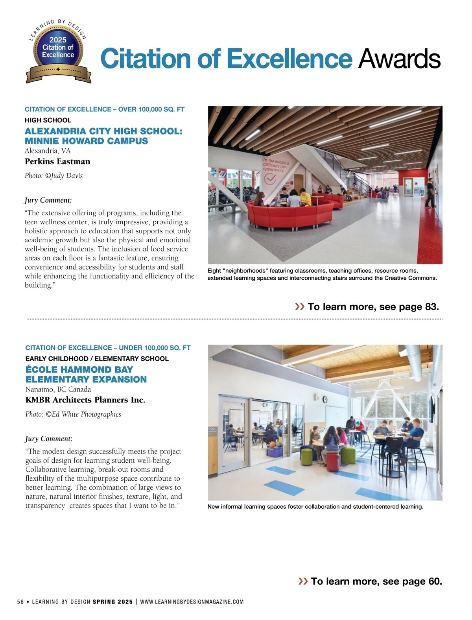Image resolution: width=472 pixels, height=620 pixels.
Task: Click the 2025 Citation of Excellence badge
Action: (x=58, y=51)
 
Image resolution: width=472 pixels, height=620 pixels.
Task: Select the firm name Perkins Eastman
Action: (x=57, y=161)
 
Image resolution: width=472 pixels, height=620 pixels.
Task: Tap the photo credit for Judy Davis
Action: (x=54, y=175)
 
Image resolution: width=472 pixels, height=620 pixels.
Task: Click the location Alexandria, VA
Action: (x=48, y=151)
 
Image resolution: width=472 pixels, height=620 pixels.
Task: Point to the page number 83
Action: (x=431, y=307)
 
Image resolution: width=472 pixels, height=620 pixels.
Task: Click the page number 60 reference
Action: (x=434, y=581)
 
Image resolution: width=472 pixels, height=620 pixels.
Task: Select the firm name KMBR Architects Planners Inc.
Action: (x=85, y=400)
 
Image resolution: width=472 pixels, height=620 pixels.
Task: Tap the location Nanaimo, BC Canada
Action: (x=58, y=389)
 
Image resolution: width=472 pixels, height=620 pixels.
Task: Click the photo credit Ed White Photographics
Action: (x=74, y=414)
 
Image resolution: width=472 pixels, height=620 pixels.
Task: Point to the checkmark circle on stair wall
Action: (x=270, y=179)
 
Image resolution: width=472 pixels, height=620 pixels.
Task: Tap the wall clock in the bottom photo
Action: (x=325, y=399)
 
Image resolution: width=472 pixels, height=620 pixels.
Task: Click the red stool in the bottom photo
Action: (x=333, y=460)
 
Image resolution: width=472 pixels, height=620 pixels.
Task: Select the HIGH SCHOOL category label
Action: (x=48, y=120)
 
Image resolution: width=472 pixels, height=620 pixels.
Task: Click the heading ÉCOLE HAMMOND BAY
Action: (x=79, y=369)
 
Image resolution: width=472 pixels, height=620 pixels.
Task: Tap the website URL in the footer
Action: (x=192, y=602)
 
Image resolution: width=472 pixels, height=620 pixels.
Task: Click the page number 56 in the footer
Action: (x=20, y=602)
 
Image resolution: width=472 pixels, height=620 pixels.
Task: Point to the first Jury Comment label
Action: (x=48, y=200)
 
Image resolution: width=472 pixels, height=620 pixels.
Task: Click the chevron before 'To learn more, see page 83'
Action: (x=300, y=306)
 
